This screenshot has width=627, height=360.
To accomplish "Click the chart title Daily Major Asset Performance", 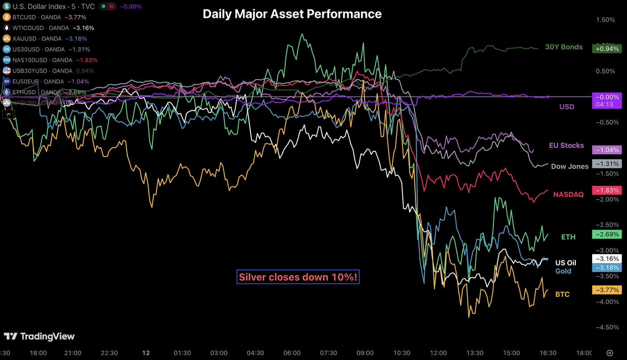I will coord(292,14).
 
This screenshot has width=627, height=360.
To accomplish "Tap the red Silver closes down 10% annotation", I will coord(298,277).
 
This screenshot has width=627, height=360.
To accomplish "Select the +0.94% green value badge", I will coord(606,49).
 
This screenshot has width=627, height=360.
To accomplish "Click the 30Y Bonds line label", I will coord(563,47).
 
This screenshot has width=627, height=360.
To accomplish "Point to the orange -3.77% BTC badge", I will coord(606,290).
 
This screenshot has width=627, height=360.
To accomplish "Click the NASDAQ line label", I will coord(568,194).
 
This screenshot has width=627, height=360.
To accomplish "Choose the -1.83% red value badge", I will coord(606,190).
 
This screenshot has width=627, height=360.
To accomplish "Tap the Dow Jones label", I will coord(569,166).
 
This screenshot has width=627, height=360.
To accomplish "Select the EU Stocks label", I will coord(566,146).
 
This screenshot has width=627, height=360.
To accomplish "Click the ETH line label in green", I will coord(568,237).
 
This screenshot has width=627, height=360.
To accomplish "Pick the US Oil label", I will coord(566,263).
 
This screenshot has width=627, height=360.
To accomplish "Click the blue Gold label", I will coord(563,271).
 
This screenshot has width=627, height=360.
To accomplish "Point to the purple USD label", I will coord(567,107).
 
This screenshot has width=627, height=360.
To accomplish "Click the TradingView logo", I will coord(39,336).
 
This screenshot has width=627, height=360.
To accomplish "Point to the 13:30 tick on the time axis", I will coord(475,353).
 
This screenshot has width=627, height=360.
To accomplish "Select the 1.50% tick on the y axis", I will coord(606,20).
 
